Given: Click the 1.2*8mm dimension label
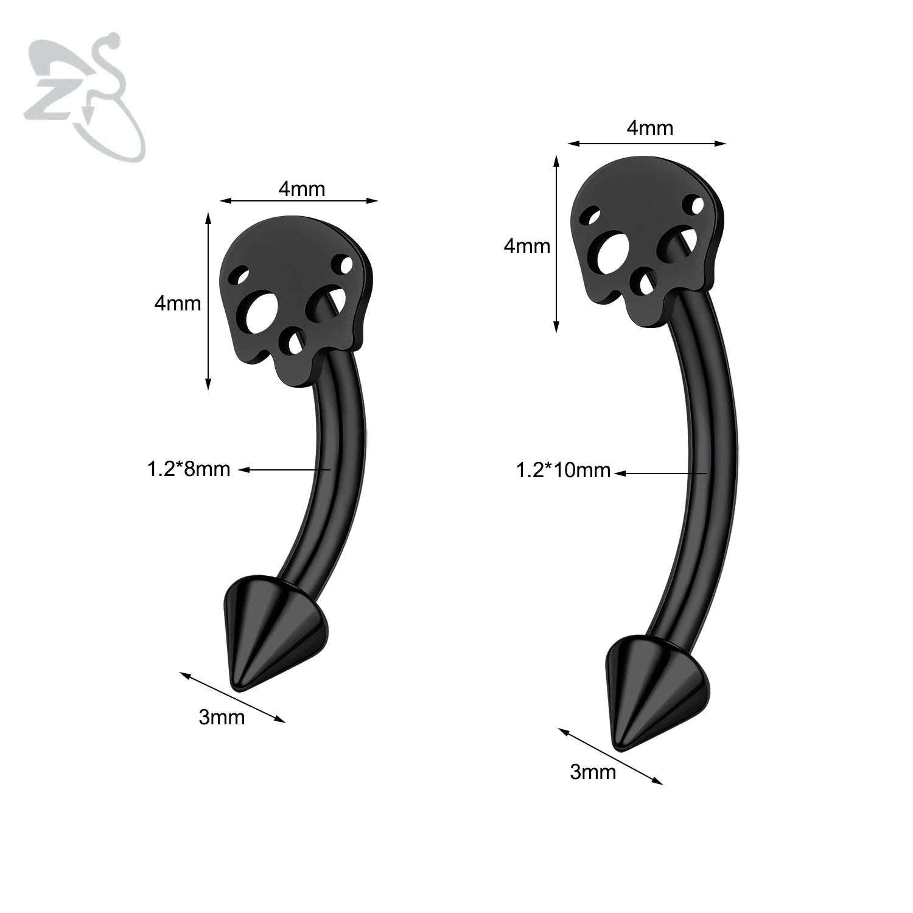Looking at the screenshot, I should (189, 469).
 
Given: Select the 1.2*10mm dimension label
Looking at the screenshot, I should (563, 470).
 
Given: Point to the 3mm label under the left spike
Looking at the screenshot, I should (222, 718).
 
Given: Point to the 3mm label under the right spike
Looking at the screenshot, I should (593, 772).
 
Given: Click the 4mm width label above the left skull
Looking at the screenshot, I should (302, 189).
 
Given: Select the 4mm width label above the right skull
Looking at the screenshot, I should (650, 128).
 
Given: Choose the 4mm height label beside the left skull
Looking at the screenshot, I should (177, 303).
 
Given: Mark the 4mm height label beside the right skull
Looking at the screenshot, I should (526, 246).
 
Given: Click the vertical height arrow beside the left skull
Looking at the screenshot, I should (208, 301).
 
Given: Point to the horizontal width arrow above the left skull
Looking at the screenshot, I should (299, 201).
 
